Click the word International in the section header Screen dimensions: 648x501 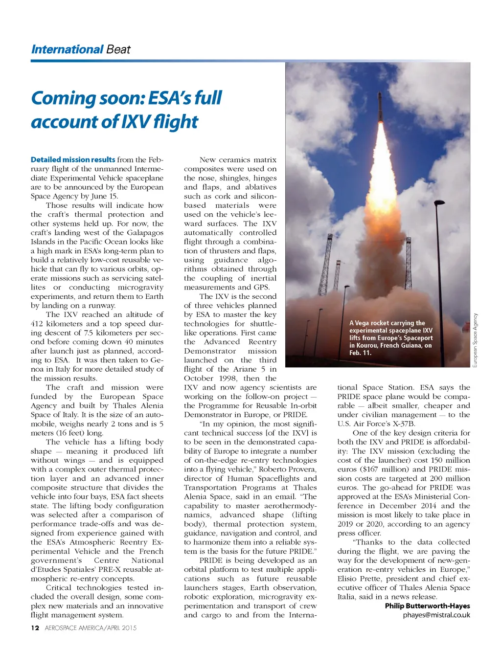(67, 49)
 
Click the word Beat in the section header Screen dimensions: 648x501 (118, 49)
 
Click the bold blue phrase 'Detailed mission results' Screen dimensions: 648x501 (73, 159)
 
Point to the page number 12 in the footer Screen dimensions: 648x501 (35, 628)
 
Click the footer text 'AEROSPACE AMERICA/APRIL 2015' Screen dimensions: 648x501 (91, 628)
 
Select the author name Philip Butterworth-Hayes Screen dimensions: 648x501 (427, 606)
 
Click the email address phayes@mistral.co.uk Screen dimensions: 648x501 (436, 615)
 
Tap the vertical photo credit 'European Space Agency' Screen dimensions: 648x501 (475, 340)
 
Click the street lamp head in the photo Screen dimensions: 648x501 (439, 202)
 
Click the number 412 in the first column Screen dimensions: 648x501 (37, 324)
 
